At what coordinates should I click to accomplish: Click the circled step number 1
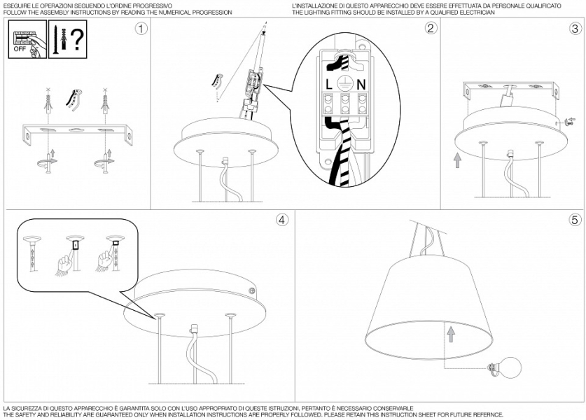pos(141,29)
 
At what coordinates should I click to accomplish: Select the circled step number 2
pos(431,28)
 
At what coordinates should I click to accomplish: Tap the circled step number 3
pos(575,29)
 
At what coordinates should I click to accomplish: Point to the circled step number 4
pos(282,220)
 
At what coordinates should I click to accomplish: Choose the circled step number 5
pos(575,220)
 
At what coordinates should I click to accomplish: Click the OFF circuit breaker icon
pos(27,39)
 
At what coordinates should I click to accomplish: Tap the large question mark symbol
pos(77,40)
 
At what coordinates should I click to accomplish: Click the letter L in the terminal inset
pos(328,85)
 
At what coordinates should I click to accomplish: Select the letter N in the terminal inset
pos(361,85)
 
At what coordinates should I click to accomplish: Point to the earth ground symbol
pos(344,85)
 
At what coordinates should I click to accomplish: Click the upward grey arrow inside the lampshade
pos(451,335)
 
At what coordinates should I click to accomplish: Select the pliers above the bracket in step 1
pos(74,99)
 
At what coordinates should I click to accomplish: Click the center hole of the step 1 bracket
pos(76,130)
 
